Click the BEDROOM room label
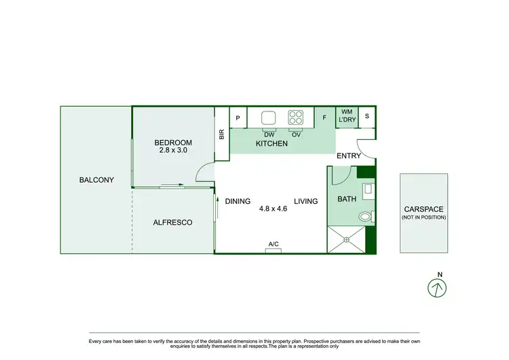point(173,143)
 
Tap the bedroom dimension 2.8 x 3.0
point(173,151)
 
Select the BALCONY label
point(96,180)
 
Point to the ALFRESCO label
point(172,222)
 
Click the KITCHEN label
point(271,144)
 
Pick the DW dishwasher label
point(269,134)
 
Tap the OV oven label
point(296,134)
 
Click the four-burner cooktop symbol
point(296,116)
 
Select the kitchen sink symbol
point(269,116)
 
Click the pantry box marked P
point(238,118)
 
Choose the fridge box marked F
point(324,118)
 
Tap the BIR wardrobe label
point(222,134)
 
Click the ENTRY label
point(349,156)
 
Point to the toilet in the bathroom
point(365,217)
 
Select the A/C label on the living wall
point(274,244)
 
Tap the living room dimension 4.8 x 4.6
point(274,209)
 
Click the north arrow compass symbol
point(438,287)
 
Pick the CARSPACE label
point(423,209)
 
